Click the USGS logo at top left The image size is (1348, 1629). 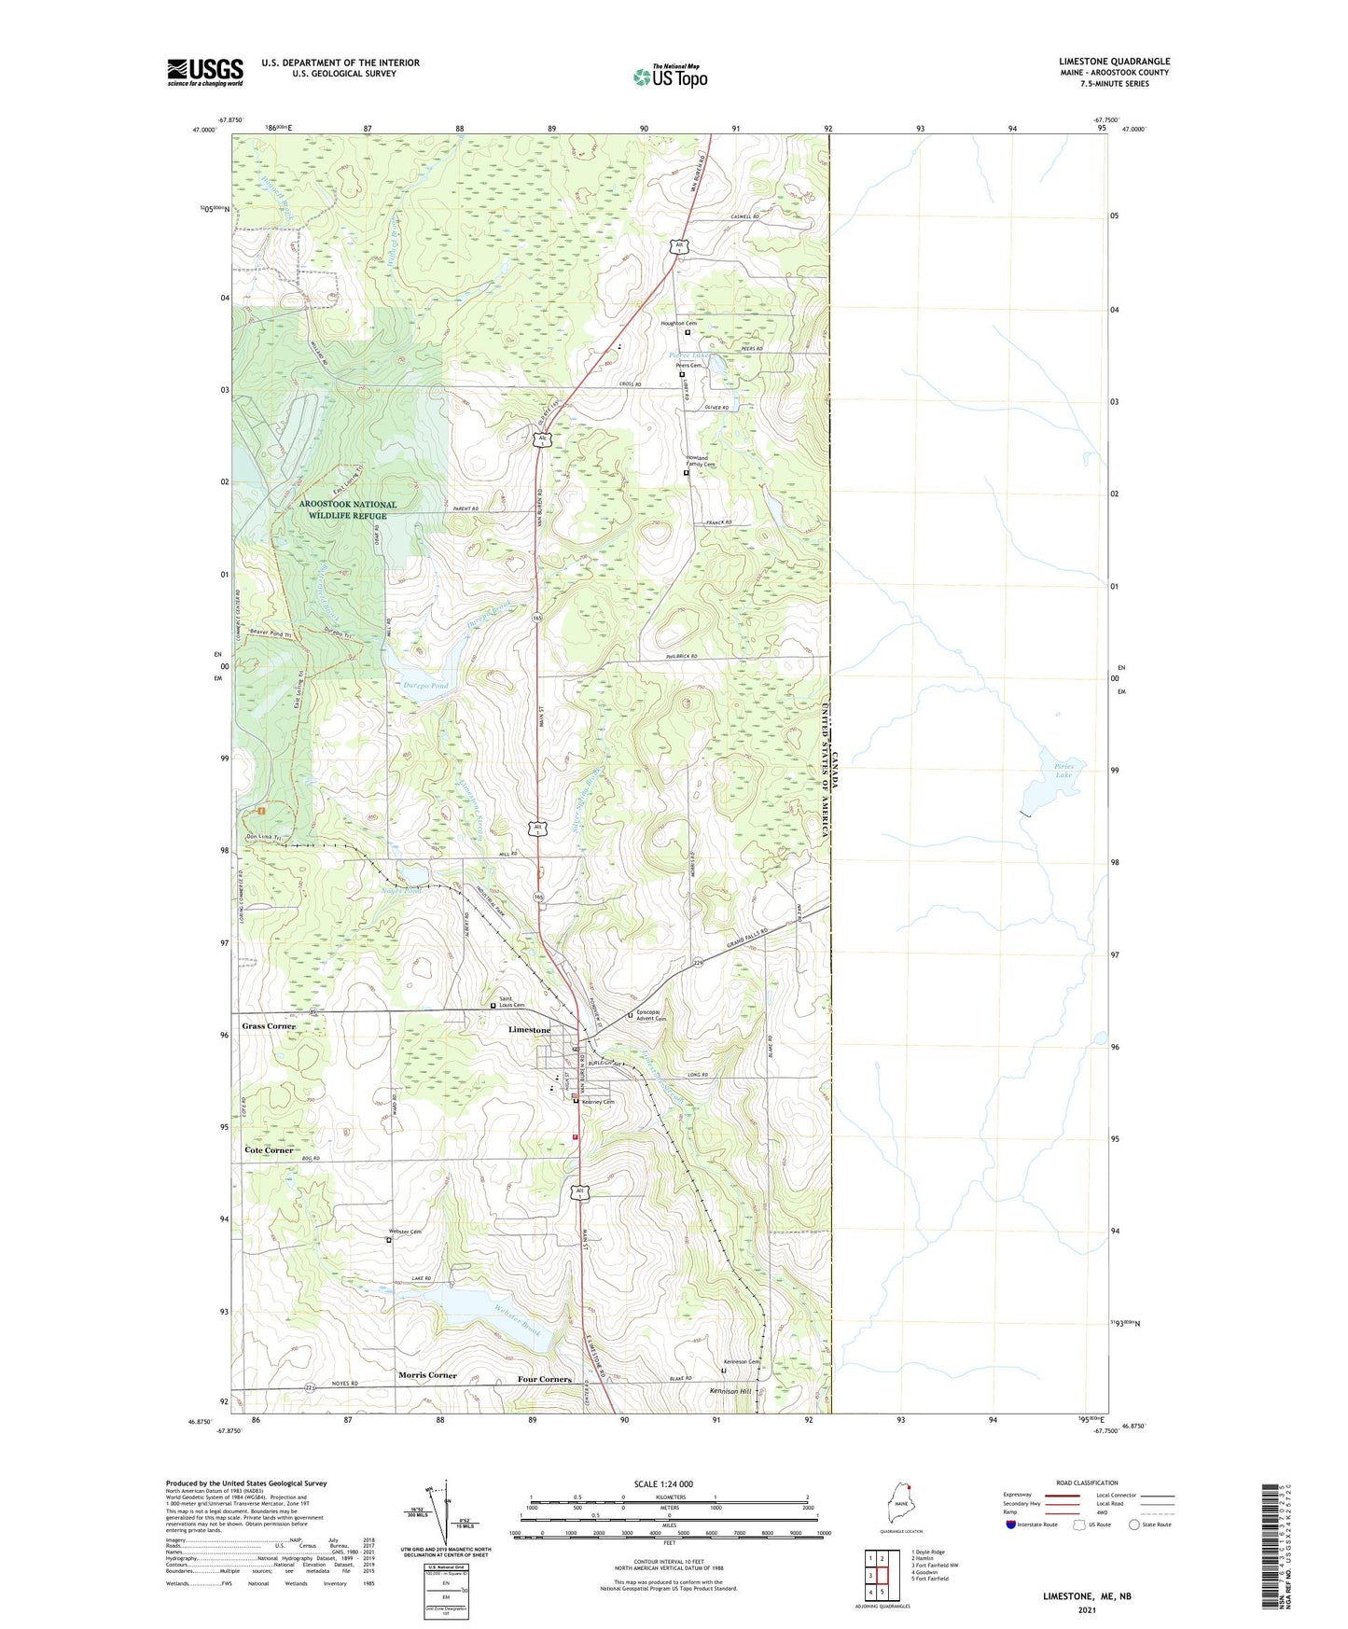click(204, 72)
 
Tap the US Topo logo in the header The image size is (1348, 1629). click(670, 77)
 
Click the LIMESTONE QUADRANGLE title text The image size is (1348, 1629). click(1114, 62)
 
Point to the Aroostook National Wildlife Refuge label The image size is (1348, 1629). click(347, 509)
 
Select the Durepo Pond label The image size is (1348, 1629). click(425, 686)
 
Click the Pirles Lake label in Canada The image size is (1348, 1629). click(1063, 771)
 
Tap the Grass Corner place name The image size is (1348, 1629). click(269, 1025)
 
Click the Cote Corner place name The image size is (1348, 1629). click(269, 1150)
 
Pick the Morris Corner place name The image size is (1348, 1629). click(427, 1375)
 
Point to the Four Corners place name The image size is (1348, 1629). click(544, 1379)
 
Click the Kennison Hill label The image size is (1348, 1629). click(730, 1391)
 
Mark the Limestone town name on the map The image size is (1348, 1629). click(529, 1030)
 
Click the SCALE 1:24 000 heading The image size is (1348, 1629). click(662, 1483)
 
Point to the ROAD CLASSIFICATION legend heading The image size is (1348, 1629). click(1087, 1483)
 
